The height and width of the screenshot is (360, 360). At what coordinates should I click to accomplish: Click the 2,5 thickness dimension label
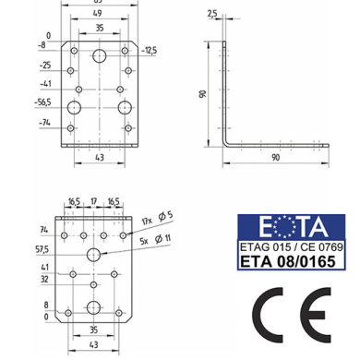pos(212,14)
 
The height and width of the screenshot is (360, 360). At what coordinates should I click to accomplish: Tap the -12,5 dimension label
pos(150,50)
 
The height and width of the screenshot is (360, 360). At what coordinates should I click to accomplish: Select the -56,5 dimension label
pos(43,102)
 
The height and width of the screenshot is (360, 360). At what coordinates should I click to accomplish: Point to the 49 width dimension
pos(97,13)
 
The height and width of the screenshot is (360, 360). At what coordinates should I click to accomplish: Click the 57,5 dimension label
pos(42,249)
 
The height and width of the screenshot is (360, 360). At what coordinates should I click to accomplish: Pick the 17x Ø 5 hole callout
pos(157,218)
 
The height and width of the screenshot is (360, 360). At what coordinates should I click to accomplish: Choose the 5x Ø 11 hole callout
pos(155,239)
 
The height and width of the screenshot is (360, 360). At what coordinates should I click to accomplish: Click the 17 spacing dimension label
pos(93,201)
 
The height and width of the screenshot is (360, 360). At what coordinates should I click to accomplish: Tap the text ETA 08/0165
pos(287,261)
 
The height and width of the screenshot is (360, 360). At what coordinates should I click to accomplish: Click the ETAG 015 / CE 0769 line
pos(291,246)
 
